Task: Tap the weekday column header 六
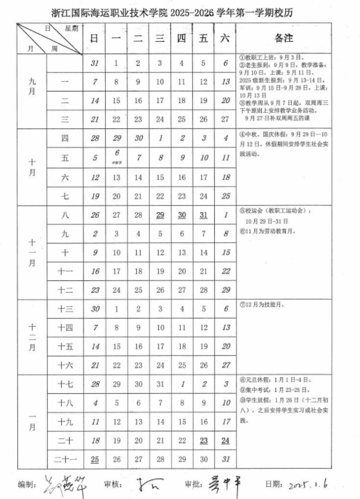(x=225, y=39)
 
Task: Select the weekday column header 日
(x=94, y=39)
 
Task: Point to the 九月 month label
(x=32, y=91)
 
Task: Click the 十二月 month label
(x=32, y=337)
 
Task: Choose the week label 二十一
(x=65, y=459)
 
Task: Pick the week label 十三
(x=65, y=309)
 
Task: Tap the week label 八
(x=65, y=215)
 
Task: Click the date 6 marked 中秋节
(x=116, y=157)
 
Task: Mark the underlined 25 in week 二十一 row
(x=94, y=459)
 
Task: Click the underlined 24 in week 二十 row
(x=225, y=440)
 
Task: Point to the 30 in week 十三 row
(x=94, y=309)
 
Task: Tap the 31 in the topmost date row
(x=94, y=63)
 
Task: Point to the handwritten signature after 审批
(x=223, y=484)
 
